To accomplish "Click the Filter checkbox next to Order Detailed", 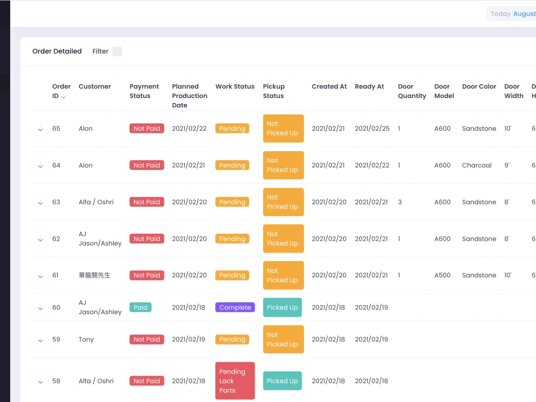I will pyautogui.click(x=117, y=51).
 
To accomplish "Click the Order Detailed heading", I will pyautogui.click(x=57, y=51).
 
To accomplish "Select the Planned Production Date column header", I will pyautogui.click(x=189, y=96).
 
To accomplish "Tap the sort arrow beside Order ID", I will pyautogui.click(x=63, y=97).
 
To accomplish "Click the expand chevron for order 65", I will pyautogui.click(x=40, y=129).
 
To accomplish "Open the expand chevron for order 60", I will pyautogui.click(x=40, y=308).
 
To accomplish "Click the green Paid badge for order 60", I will pyautogui.click(x=140, y=308).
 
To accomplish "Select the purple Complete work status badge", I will pyautogui.click(x=235, y=308).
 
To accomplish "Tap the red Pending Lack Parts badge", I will pyautogui.click(x=235, y=381).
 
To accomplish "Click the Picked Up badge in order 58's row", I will pyautogui.click(x=282, y=381).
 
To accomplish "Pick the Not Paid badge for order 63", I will pyautogui.click(x=146, y=202).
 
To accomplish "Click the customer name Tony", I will pyautogui.click(x=86, y=339).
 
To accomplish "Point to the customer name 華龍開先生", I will pyautogui.click(x=94, y=276).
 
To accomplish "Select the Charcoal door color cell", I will pyautogui.click(x=477, y=166).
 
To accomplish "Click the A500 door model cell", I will pyautogui.click(x=442, y=276).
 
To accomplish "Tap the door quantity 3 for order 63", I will pyautogui.click(x=400, y=202).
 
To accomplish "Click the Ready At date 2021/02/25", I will pyautogui.click(x=372, y=129).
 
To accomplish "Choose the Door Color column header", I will pyautogui.click(x=479, y=86).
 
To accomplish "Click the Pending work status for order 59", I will pyautogui.click(x=232, y=339).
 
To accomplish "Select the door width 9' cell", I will pyautogui.click(x=507, y=166).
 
